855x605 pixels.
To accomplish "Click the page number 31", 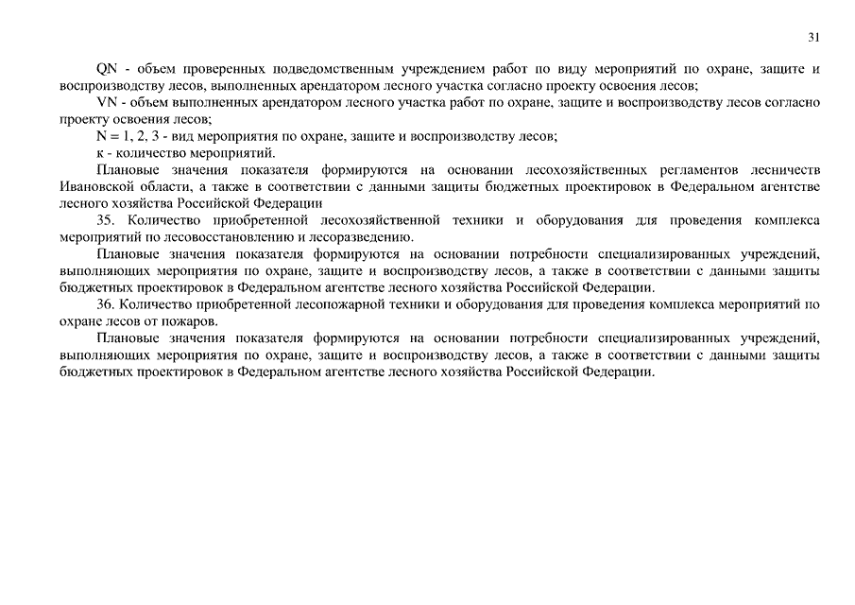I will [813, 37].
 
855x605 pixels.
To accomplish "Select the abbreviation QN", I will [107, 69].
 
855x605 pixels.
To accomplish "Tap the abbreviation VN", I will [106, 102].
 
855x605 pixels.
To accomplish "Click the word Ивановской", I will [94, 186].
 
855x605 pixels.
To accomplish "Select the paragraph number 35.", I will [106, 220].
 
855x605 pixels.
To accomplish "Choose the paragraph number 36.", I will [106, 304].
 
